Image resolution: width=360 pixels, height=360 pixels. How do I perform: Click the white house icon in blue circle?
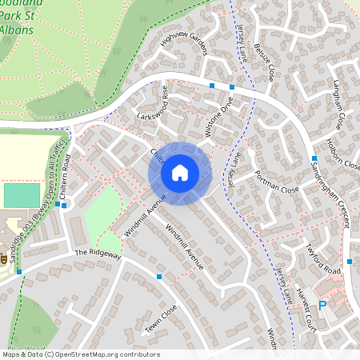click(x=179, y=172)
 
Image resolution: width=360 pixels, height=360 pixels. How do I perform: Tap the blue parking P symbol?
click(x=322, y=304)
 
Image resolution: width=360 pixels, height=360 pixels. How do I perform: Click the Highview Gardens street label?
click(x=183, y=50)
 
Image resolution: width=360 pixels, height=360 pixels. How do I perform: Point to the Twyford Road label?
click(x=323, y=258)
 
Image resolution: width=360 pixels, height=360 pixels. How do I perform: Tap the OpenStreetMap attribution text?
click(x=80, y=354)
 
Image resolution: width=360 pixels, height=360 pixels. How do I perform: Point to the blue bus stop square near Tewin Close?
click(x=159, y=277)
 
